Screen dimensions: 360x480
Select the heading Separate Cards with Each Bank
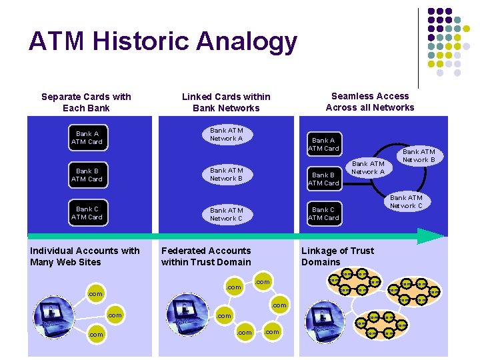pyautogui.click(x=86, y=102)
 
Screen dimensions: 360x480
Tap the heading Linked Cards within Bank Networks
pyautogui.click(x=226, y=102)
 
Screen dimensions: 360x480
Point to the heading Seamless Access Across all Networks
pyautogui.click(x=370, y=101)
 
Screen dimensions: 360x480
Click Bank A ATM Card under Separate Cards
pyautogui.click(x=87, y=137)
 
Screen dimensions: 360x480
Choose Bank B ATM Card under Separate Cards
pyautogui.click(x=87, y=175)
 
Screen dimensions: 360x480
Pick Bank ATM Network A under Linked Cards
pyautogui.click(x=227, y=134)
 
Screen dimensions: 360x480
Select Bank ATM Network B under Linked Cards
pyautogui.click(x=227, y=174)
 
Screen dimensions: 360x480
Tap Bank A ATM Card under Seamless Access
pyautogui.click(x=323, y=144)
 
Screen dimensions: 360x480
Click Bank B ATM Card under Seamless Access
pyautogui.click(x=323, y=179)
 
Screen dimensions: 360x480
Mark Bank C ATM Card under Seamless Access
pyautogui.click(x=323, y=213)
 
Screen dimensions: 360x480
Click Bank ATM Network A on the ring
pyautogui.click(x=368, y=167)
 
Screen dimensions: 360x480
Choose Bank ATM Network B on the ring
pyautogui.click(x=419, y=155)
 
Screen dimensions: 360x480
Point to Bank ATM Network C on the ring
pyautogui.click(x=406, y=201)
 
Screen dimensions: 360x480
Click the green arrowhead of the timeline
pyautogui.click(x=431, y=235)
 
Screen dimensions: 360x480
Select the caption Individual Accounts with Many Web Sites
pyautogui.click(x=85, y=256)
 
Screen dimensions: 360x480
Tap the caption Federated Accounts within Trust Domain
pyautogui.click(x=206, y=256)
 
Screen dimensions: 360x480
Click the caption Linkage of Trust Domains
pyautogui.click(x=337, y=256)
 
